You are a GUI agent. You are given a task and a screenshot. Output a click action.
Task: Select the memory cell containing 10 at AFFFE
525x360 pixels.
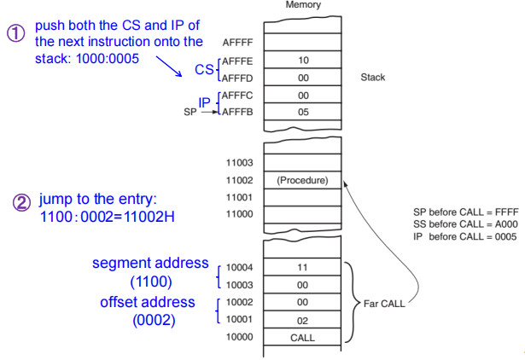[x=303, y=61]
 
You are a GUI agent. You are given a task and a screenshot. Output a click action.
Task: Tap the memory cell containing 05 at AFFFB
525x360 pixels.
[x=303, y=111]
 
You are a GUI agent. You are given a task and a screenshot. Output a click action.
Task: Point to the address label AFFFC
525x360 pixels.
[x=239, y=94]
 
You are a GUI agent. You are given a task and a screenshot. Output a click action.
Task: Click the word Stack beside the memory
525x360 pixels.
[x=373, y=78]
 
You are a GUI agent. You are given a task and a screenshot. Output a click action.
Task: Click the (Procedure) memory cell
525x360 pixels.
[x=303, y=180]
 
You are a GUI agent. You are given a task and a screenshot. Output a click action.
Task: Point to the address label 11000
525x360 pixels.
[x=238, y=213]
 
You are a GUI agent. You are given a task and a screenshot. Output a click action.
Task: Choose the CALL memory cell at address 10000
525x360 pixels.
[x=303, y=337]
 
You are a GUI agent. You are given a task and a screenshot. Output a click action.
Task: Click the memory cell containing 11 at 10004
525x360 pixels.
[x=303, y=267]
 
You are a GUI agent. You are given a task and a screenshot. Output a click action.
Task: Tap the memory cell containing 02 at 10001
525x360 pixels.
[x=303, y=320]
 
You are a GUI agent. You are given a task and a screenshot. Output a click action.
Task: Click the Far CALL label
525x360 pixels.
[x=383, y=303]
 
